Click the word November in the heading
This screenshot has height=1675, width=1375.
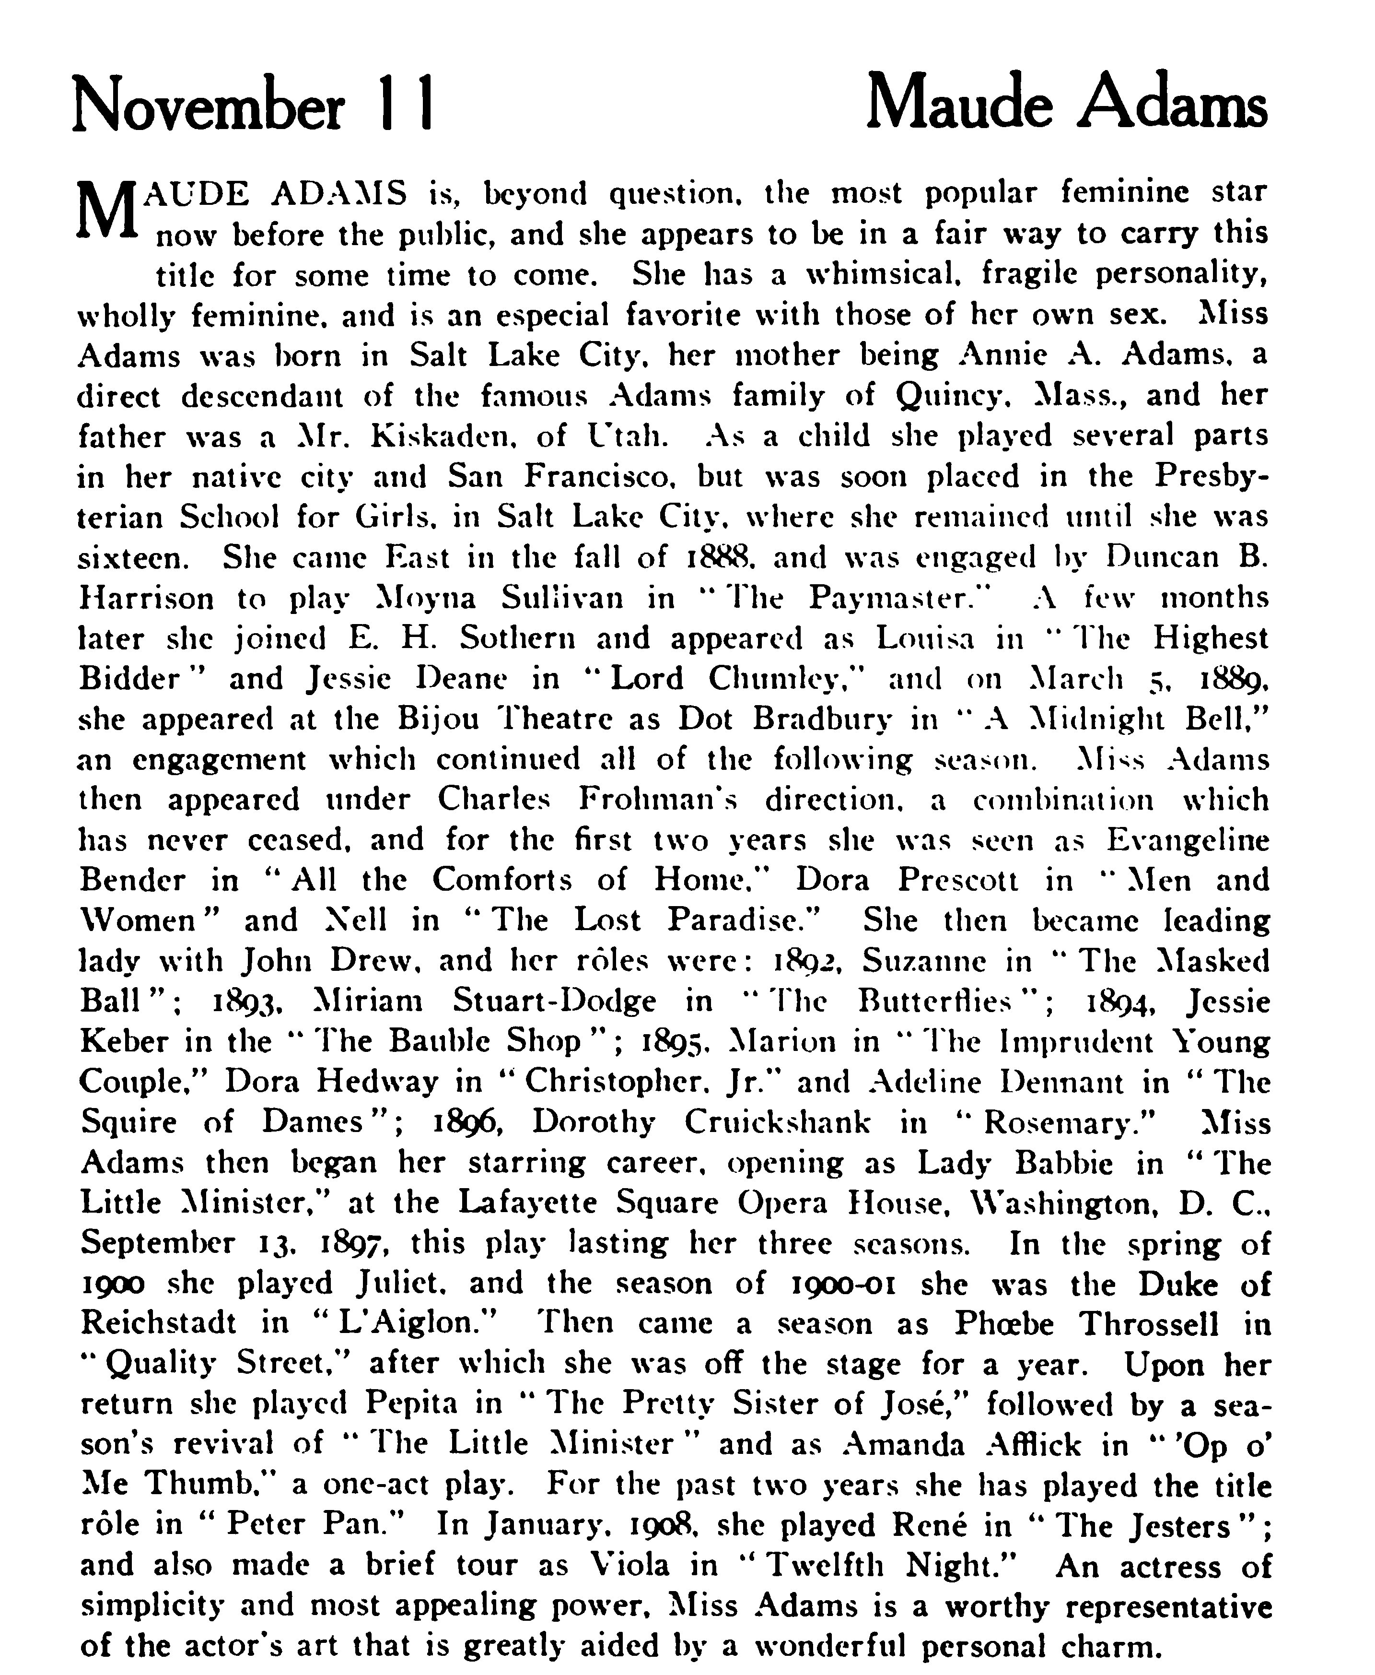[208, 106]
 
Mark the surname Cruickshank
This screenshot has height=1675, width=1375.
[777, 1122]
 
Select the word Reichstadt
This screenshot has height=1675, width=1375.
[158, 1323]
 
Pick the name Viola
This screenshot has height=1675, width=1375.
[631, 1565]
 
